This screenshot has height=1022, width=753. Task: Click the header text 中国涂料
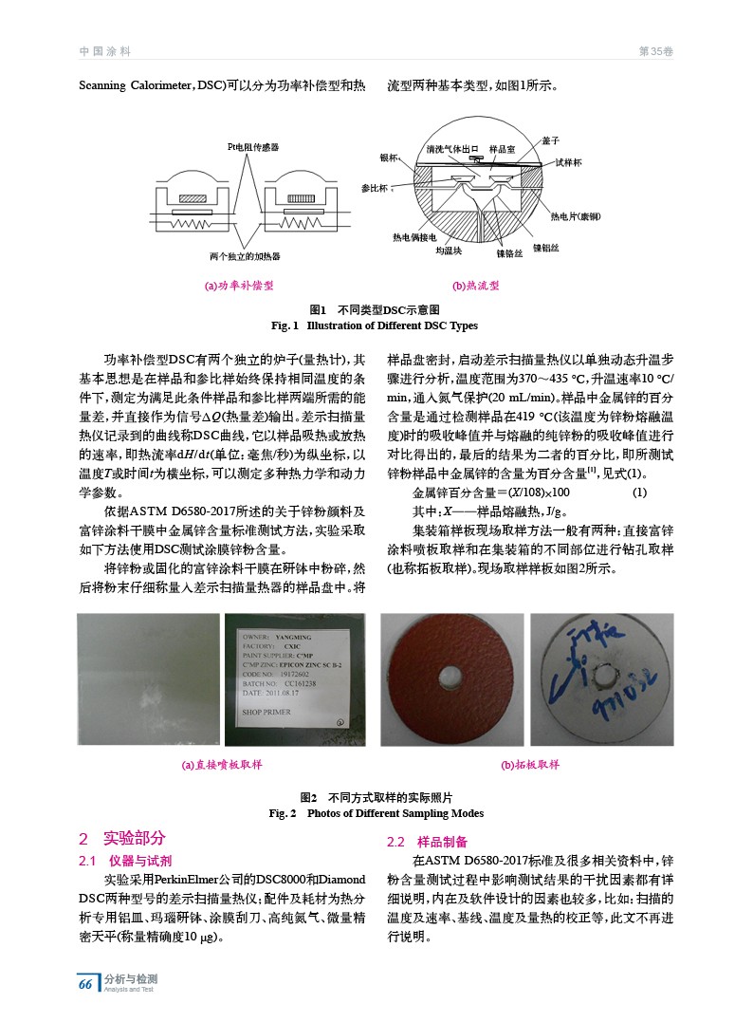(104, 51)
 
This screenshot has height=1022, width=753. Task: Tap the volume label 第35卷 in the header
(657, 51)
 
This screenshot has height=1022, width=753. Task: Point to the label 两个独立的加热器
(245, 256)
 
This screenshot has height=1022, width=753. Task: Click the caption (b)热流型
(476, 285)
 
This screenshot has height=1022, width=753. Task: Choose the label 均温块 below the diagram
(449, 251)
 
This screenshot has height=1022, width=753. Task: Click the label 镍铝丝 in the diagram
(545, 247)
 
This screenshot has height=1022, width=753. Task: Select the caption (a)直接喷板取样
(222, 764)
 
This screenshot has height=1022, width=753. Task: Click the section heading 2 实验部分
(122, 838)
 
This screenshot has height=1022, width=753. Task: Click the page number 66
(85, 984)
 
